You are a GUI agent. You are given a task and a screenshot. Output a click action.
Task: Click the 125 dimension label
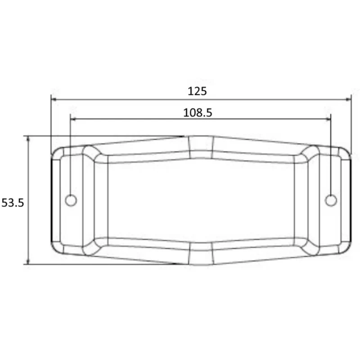(x=197, y=91)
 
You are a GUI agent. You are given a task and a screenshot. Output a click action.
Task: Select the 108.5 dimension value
(x=198, y=113)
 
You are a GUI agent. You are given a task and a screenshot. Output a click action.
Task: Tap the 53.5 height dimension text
(x=13, y=203)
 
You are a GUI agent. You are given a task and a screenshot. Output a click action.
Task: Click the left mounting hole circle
(x=71, y=200)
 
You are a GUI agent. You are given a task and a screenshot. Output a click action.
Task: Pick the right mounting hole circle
(x=331, y=200)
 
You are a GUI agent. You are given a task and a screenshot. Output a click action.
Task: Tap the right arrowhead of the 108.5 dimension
(x=328, y=119)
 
